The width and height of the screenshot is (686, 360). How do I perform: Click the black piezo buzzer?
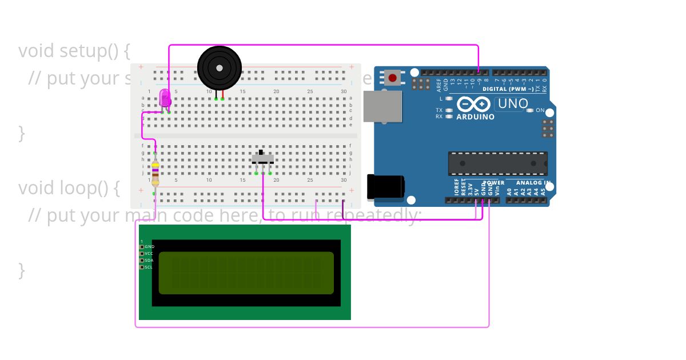[220, 68]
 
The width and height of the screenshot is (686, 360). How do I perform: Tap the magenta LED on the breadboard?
[165, 98]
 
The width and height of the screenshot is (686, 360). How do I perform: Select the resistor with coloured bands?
[155, 172]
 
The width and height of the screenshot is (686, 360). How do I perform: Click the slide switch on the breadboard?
[263, 158]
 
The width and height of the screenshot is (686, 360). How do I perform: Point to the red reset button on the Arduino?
[392, 78]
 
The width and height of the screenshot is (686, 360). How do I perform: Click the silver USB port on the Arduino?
[382, 106]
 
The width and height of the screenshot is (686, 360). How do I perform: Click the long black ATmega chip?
[497, 163]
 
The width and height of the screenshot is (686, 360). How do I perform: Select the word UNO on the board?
[513, 104]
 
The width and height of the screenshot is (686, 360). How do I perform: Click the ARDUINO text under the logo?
[475, 117]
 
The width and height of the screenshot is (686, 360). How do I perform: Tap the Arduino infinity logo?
[473, 104]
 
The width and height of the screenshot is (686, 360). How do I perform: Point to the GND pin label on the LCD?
[149, 247]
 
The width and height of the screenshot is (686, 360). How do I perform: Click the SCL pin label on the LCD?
[149, 267]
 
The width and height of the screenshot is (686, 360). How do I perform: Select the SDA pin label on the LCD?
[149, 261]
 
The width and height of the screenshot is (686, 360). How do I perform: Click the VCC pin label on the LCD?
[149, 254]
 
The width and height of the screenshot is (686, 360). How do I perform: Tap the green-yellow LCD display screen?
[246, 273]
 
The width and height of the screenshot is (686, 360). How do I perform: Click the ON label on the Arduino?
[540, 110]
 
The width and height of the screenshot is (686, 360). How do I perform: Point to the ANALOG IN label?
[533, 183]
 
